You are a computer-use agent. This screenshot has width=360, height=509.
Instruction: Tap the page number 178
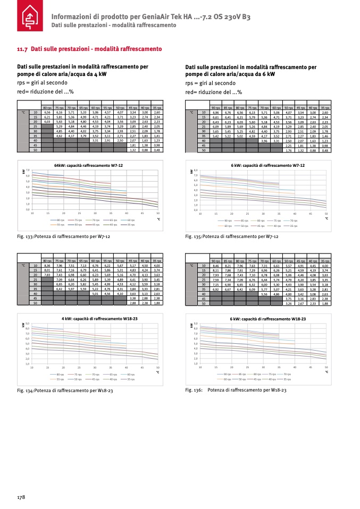coord(21,497)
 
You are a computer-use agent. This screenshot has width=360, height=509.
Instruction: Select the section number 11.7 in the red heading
coord(22,49)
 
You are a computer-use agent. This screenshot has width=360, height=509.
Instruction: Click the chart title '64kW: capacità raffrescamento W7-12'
coord(92,166)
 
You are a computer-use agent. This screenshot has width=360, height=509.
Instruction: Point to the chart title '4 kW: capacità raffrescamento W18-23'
coord(93,318)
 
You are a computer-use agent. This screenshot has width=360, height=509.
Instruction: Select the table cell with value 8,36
coord(47,265)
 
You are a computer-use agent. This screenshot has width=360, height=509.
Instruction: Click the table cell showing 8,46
coord(215,265)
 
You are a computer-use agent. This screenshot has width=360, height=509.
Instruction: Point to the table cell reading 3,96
coord(264,140)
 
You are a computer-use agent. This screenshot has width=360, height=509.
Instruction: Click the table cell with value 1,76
coord(288,150)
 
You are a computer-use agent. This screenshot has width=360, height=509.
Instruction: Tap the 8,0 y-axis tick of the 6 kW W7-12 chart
coord(196,171)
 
